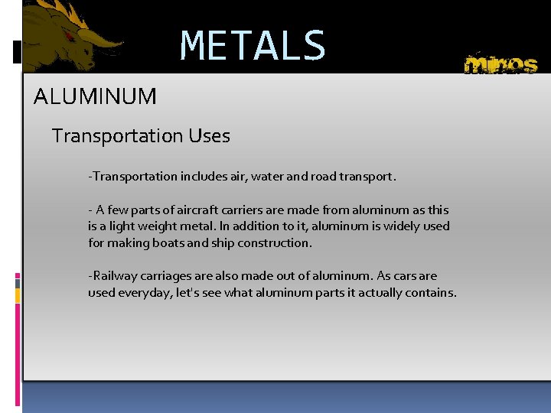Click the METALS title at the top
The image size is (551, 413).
253,46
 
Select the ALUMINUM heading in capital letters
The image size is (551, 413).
96,97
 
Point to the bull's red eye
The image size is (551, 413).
70,37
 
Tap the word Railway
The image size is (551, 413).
112,276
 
